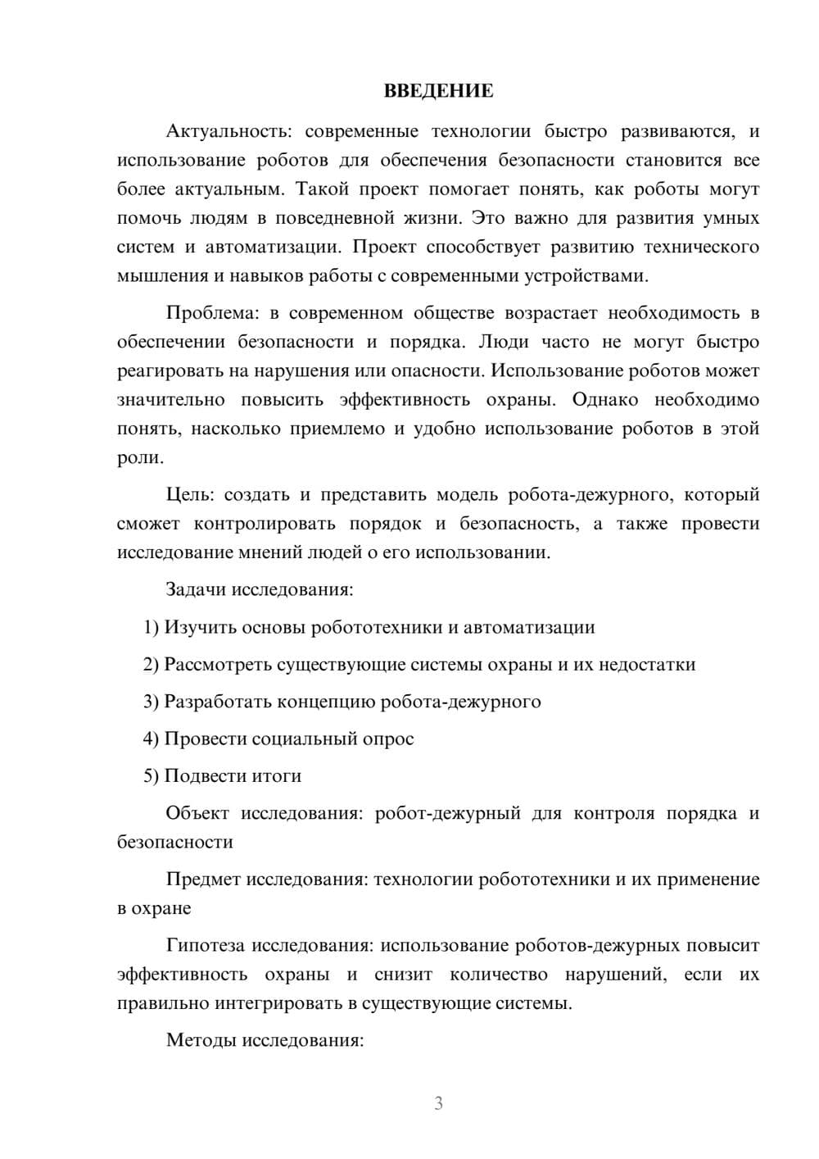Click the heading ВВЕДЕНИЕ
(x=438, y=91)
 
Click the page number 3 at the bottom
(x=438, y=1103)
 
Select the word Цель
(x=189, y=495)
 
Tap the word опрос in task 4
(x=388, y=739)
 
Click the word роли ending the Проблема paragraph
(x=138, y=458)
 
